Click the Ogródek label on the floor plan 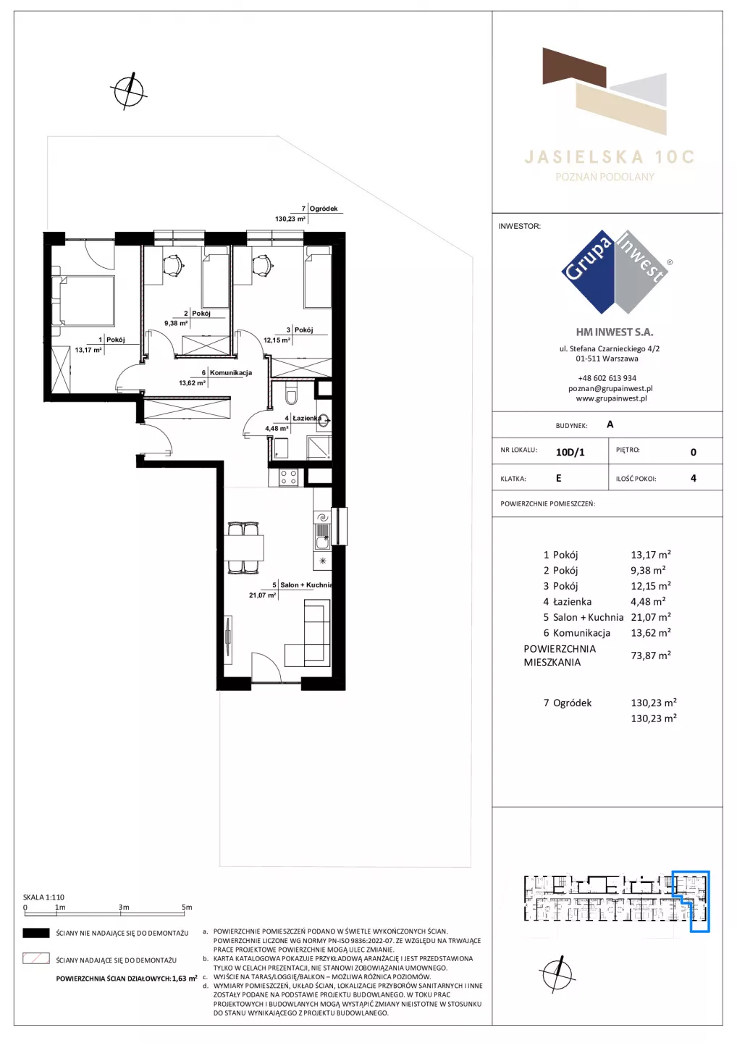click(324, 209)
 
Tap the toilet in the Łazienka click(292, 394)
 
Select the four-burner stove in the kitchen click(288, 477)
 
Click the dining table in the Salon click(244, 548)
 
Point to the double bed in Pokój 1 click(83, 301)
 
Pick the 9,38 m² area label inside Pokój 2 click(176, 323)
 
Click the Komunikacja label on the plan click(231, 372)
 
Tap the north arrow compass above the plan click(129, 91)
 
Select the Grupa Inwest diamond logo click(615, 272)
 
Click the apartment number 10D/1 click(570, 452)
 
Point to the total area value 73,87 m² click(650, 655)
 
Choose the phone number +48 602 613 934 click(607, 378)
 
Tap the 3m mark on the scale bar click(123, 907)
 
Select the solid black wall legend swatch click(35, 933)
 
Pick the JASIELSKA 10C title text click(609, 157)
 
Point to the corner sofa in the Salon click(308, 633)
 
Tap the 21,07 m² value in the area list click(650, 617)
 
